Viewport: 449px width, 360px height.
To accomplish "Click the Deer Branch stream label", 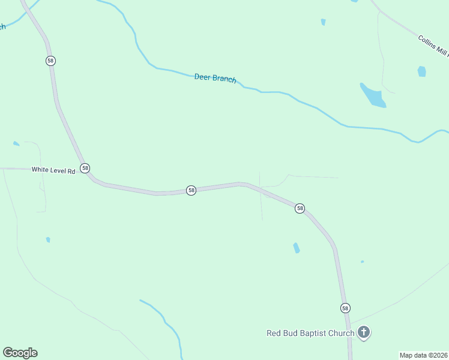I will [x=215, y=78].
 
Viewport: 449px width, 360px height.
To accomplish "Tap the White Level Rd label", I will [x=53, y=170].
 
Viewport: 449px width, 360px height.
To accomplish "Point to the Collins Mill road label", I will [x=432, y=45].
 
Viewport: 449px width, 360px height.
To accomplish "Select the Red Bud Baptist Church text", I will [x=310, y=333].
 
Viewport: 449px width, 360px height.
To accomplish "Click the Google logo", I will [x=20, y=353].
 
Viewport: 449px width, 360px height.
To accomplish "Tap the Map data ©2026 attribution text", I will [x=423, y=355].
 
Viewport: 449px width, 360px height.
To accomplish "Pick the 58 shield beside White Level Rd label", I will [x=85, y=169].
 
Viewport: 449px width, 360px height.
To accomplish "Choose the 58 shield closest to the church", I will [x=345, y=308].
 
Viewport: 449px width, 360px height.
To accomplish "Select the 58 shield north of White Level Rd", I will [x=50, y=61].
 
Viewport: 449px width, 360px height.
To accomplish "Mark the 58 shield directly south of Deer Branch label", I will [x=191, y=190].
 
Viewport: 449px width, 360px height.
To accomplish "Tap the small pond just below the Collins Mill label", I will [x=421, y=71].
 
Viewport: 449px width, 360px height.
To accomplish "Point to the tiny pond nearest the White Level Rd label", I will [x=16, y=144].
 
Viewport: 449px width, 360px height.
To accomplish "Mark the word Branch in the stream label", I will [x=224, y=79].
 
